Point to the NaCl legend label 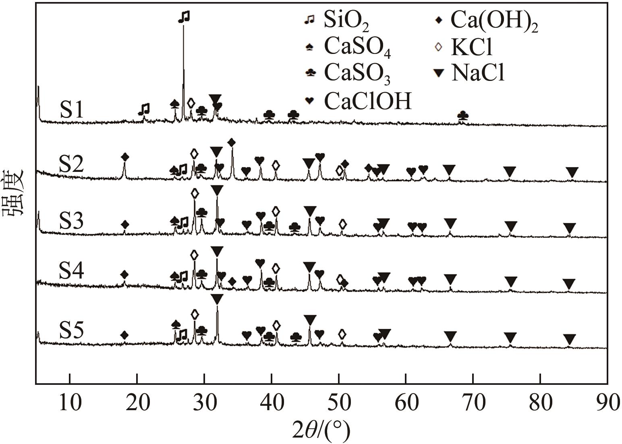[478, 73]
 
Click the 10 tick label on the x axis [70, 403]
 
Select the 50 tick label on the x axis [339, 403]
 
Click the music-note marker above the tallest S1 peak [184, 17]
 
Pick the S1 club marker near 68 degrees [463, 116]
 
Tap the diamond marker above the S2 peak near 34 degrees [231, 142]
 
